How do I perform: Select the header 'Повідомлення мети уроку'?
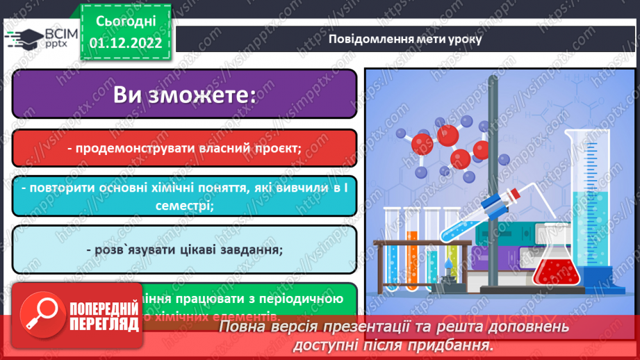coord(405,39)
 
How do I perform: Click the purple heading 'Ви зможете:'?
coord(184,95)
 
